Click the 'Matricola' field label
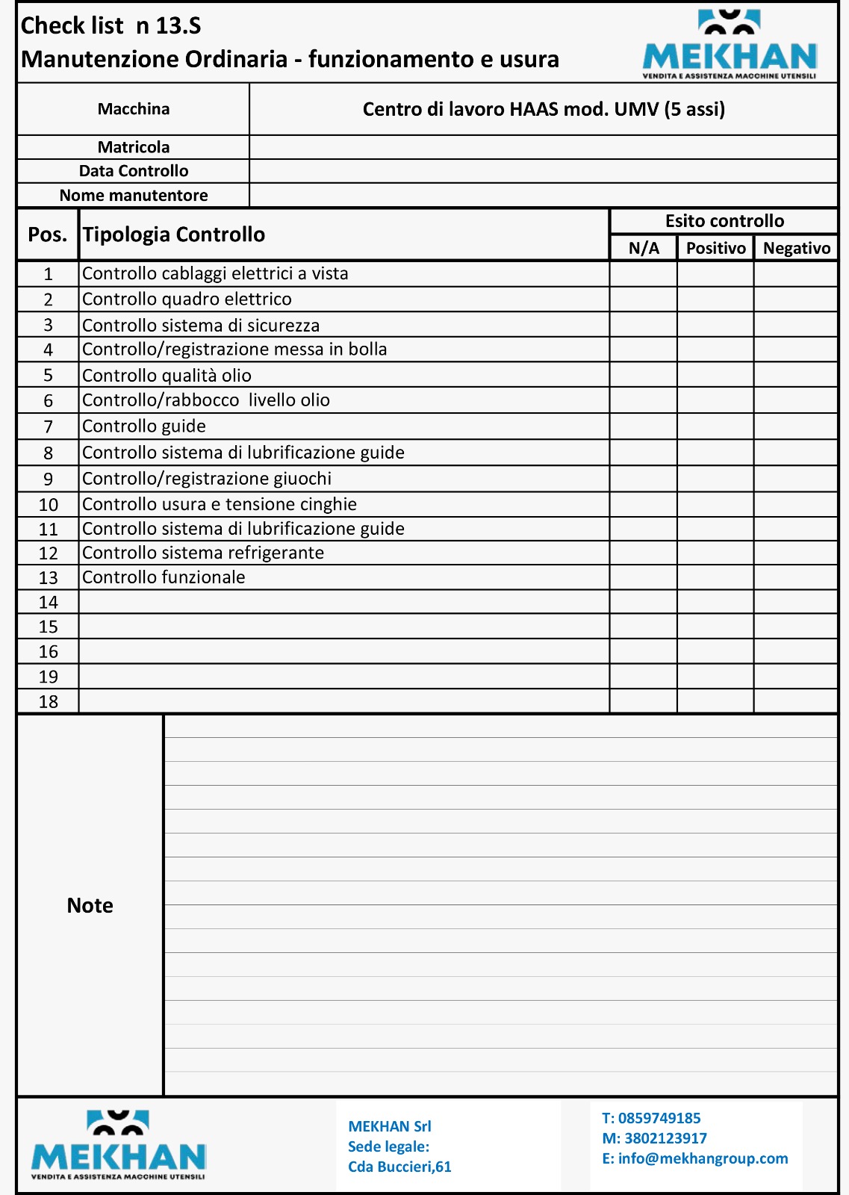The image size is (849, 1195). (x=134, y=147)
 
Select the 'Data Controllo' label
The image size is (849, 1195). (x=134, y=171)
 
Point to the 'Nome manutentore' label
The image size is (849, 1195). (x=134, y=196)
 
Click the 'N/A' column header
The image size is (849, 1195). (x=644, y=248)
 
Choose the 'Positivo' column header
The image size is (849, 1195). (x=715, y=248)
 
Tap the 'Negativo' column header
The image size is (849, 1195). (x=796, y=248)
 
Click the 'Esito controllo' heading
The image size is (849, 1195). (x=724, y=221)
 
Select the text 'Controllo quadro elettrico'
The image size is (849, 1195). (x=187, y=299)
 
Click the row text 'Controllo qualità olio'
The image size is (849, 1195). (x=167, y=375)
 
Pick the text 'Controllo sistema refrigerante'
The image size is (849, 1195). (x=203, y=553)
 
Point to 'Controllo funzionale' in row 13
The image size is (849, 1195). (x=164, y=577)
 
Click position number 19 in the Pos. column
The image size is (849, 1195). (x=48, y=677)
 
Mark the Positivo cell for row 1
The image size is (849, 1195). (x=715, y=274)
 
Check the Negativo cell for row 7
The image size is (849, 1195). (x=795, y=426)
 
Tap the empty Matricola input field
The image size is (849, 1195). (x=543, y=147)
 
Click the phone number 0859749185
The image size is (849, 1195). (x=659, y=1118)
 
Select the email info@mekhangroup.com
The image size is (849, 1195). (x=703, y=1158)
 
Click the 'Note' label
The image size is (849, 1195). (x=90, y=905)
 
